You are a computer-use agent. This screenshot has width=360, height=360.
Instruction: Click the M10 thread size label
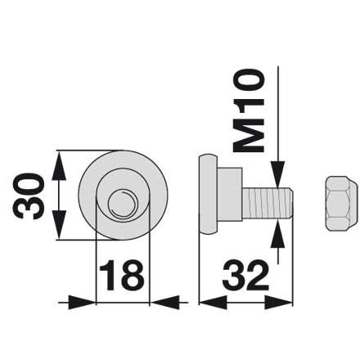pos(249,110)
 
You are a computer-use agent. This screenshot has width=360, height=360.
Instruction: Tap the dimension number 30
pos(29,196)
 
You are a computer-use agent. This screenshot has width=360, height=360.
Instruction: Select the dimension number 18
pos(122,275)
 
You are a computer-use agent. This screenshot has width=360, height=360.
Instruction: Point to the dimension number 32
pos(245,275)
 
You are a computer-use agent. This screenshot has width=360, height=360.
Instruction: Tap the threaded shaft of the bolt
pos(268,203)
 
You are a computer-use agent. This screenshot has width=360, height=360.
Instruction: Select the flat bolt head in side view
pos(208,195)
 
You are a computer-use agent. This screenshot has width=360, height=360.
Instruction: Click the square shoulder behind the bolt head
pos(230,195)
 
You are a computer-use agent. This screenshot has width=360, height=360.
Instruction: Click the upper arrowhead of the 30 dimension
pos(59,166)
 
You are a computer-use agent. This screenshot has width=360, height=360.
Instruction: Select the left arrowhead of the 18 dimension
pos(82,302)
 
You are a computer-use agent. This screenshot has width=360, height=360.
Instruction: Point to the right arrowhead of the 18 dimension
pos(164,302)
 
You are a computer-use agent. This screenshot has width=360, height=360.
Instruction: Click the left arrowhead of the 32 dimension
pos(213,302)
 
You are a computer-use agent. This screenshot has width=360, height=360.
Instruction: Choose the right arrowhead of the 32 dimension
pos(278,302)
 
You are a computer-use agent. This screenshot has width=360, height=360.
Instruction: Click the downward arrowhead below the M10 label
pos(278,174)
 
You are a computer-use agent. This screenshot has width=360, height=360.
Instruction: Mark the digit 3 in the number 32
pos(233,275)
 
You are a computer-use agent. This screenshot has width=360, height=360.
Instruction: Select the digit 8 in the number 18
pos(133,275)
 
